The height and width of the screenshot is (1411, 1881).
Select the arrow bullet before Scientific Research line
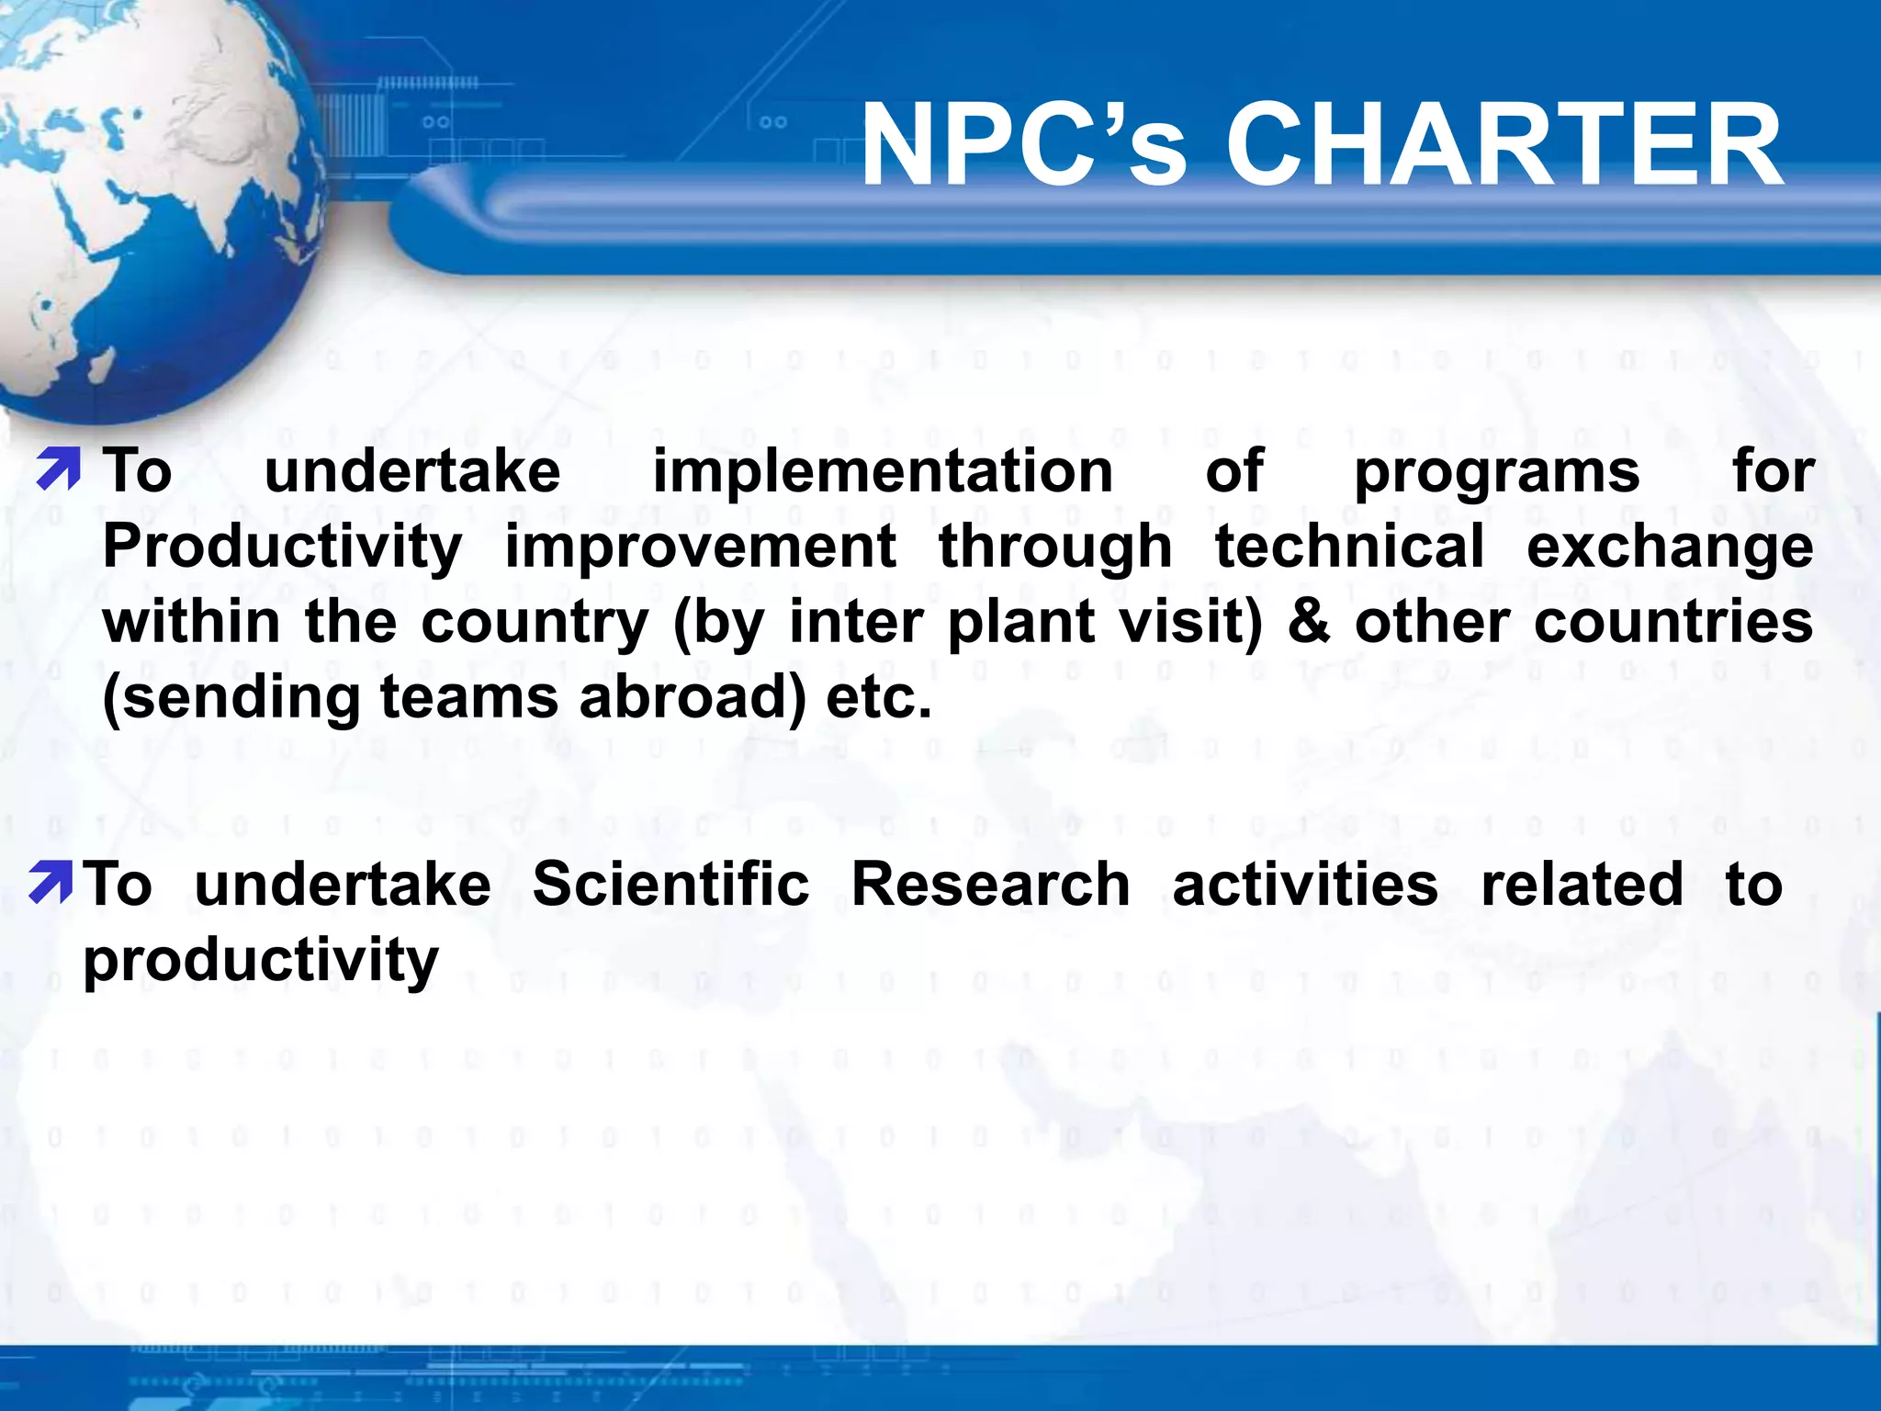point(50,882)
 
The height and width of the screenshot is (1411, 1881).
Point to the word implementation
point(883,472)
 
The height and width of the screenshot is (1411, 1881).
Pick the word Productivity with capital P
point(282,548)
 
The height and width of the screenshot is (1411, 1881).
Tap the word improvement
point(700,548)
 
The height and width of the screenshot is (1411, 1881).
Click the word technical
point(1349,547)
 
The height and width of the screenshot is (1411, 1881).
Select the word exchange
point(1670,548)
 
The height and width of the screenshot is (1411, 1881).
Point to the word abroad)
point(693,698)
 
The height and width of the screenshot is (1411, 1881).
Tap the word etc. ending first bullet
point(879,698)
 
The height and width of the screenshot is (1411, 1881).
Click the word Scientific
point(670,885)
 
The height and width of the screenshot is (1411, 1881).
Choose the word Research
point(990,885)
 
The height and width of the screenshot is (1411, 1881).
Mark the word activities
point(1305,885)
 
